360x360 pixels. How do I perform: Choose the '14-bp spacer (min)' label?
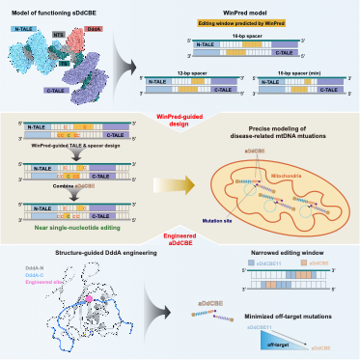coord(306,73)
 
